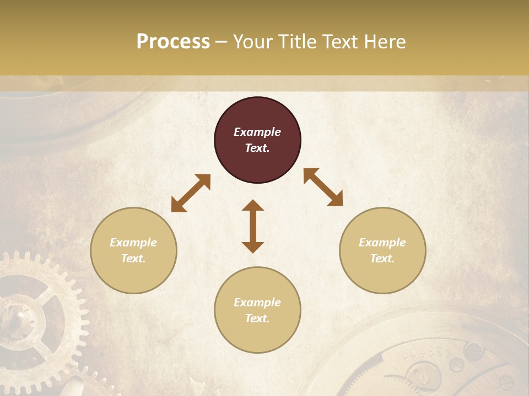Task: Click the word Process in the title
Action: tap(173, 42)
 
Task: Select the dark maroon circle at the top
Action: tap(257, 140)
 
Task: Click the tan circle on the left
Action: tap(133, 250)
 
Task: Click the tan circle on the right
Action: tap(382, 250)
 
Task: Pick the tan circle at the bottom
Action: tap(257, 310)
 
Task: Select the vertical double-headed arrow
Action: tap(253, 226)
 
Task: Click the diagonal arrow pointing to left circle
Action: tap(191, 193)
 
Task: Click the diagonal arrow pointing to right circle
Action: tap(323, 187)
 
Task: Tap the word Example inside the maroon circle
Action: tap(257, 132)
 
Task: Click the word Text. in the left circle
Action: tap(133, 258)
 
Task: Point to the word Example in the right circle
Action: tap(382, 243)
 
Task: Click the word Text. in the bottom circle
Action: tap(257, 318)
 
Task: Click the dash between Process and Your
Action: tap(221, 42)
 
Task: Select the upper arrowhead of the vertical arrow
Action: tap(253, 205)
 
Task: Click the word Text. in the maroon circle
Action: tap(257, 148)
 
